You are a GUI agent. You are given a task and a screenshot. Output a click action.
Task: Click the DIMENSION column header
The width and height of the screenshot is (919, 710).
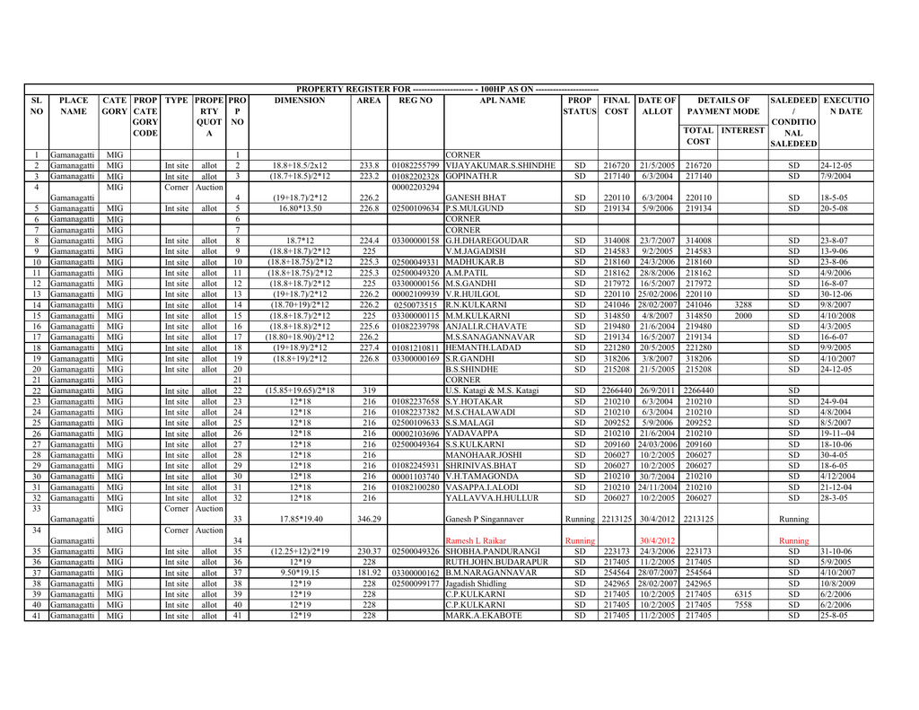300,101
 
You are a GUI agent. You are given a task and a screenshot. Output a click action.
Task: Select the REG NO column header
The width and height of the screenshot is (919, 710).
416,101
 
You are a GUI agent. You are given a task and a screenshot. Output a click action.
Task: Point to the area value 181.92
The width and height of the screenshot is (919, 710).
369,573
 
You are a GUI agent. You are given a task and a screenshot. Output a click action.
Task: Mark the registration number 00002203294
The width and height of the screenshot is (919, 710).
416,187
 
